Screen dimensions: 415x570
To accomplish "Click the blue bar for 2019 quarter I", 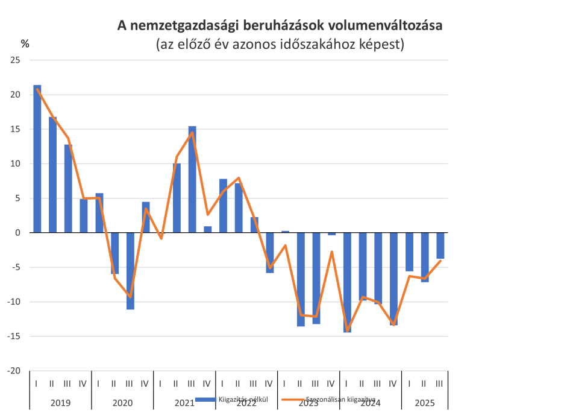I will click(x=37, y=159).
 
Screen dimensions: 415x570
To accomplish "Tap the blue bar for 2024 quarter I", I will click(x=347, y=282).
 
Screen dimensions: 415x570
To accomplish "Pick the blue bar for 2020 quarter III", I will click(x=130, y=271).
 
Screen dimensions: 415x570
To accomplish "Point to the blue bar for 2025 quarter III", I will click(x=440, y=246).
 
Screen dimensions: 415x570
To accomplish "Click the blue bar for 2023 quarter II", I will click(x=301, y=279).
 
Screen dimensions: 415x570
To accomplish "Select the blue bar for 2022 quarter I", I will click(x=224, y=205).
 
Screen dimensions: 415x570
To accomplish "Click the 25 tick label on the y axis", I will click(x=15, y=60).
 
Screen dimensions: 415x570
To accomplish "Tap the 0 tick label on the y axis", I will click(x=17, y=233).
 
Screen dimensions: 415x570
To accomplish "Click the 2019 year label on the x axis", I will click(x=60, y=402).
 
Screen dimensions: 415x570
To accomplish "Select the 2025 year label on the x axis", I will click(x=424, y=402).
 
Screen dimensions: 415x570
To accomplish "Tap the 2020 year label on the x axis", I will click(x=122, y=402).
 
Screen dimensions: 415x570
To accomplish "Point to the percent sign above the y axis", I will click(x=25, y=43).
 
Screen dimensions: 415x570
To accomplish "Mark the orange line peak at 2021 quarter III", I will click(x=192, y=133).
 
